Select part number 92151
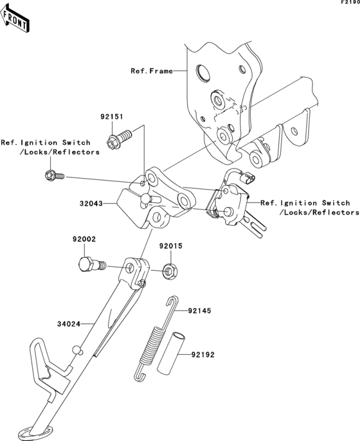[x=111, y=118]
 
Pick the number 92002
[x=84, y=239]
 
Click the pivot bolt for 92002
[x=89, y=264]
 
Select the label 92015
[x=171, y=246]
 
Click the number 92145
[x=199, y=310]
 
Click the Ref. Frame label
[x=152, y=71]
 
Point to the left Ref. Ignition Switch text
[x=50, y=147]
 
